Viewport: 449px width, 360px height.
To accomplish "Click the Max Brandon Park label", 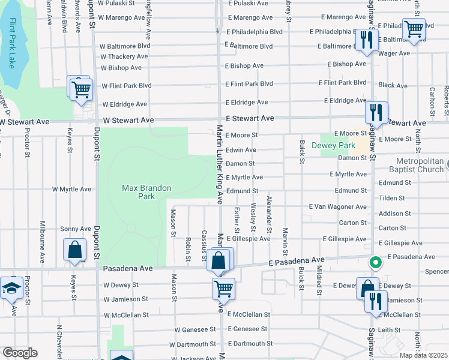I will pos(146,192).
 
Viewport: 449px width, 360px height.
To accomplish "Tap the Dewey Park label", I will pos(337,145).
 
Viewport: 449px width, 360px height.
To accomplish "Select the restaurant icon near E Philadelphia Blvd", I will pos(365,40).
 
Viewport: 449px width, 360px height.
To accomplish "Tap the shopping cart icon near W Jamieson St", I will pos(223,289).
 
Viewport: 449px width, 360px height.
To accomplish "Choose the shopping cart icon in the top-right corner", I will pos(414,29).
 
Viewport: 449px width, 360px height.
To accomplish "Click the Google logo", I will pos(20,353).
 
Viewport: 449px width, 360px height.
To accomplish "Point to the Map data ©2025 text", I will pos(424,355).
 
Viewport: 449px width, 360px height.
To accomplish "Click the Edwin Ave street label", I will pos(241,149).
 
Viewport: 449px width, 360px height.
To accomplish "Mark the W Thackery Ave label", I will pos(124,56).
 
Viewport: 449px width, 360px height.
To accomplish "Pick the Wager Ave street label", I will pos(394,53).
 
